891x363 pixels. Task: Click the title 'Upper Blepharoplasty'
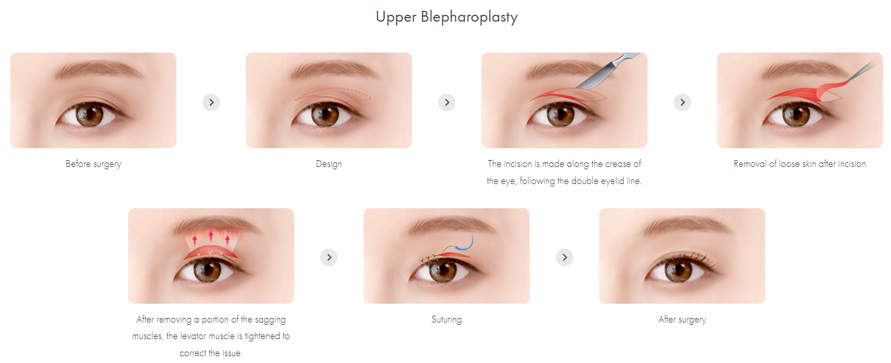[x=446, y=17]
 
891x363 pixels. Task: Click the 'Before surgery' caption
[x=93, y=164]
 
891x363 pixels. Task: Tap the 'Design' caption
[x=329, y=164]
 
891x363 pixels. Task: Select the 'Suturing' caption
[x=447, y=320]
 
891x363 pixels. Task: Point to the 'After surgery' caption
[x=682, y=320]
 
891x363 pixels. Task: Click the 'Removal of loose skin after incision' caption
[x=799, y=164]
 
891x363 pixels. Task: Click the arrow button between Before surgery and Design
[x=211, y=102]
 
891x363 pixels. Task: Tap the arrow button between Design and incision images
[x=447, y=102]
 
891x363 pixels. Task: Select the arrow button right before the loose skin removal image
[x=682, y=102]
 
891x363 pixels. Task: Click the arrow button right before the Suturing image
[x=329, y=258]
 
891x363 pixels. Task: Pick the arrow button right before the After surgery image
[x=564, y=258]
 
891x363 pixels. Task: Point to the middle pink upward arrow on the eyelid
[x=211, y=235]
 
